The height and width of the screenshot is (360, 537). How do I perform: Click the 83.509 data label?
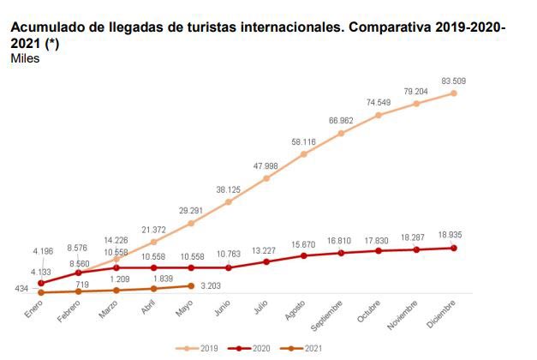click(454, 81)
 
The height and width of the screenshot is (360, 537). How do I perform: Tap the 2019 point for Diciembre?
click(454, 93)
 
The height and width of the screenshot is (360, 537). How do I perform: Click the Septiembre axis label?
click(325, 315)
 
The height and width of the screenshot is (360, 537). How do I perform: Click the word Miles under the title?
click(24, 58)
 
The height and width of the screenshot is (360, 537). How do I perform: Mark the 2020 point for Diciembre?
click(454, 248)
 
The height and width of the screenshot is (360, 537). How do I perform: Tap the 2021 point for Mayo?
click(191, 286)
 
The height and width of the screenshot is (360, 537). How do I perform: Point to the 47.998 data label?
click(266, 165)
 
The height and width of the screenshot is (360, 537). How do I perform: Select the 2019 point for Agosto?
click(304, 154)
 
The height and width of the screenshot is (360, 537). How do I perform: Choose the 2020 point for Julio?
click(266, 261)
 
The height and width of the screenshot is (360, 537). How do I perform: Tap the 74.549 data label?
click(379, 102)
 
